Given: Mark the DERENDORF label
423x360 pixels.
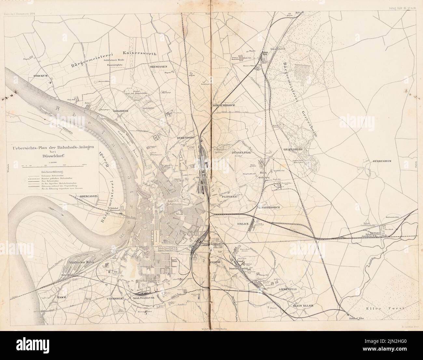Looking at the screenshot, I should pyautogui.click(x=185, y=138).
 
